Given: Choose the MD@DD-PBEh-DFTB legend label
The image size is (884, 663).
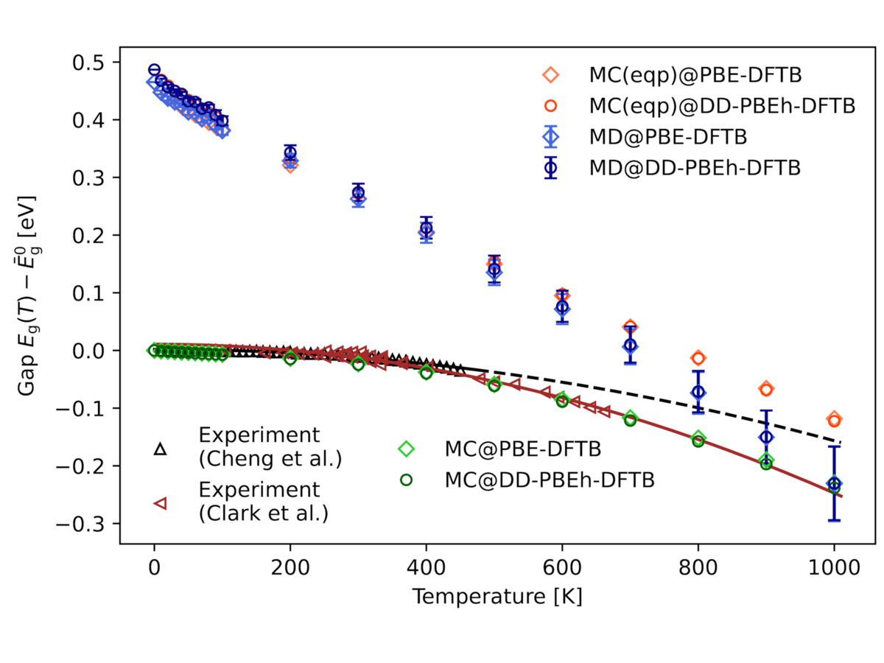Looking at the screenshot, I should coord(694,167).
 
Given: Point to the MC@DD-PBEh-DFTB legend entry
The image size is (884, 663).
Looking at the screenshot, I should coord(549,479).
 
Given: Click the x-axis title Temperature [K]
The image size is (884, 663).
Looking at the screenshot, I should coord(497,597).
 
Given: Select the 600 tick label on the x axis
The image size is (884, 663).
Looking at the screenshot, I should coord(561,569).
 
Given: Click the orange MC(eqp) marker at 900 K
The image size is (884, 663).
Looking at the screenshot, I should coord(766,388).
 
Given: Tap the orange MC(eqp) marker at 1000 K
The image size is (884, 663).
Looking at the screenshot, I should coord(834,420).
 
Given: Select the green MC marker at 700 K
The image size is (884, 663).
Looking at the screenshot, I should coord(630,419).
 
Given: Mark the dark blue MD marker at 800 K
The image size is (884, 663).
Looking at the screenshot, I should coord(698,392).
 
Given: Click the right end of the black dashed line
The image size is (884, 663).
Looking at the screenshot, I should coord(840,442).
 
